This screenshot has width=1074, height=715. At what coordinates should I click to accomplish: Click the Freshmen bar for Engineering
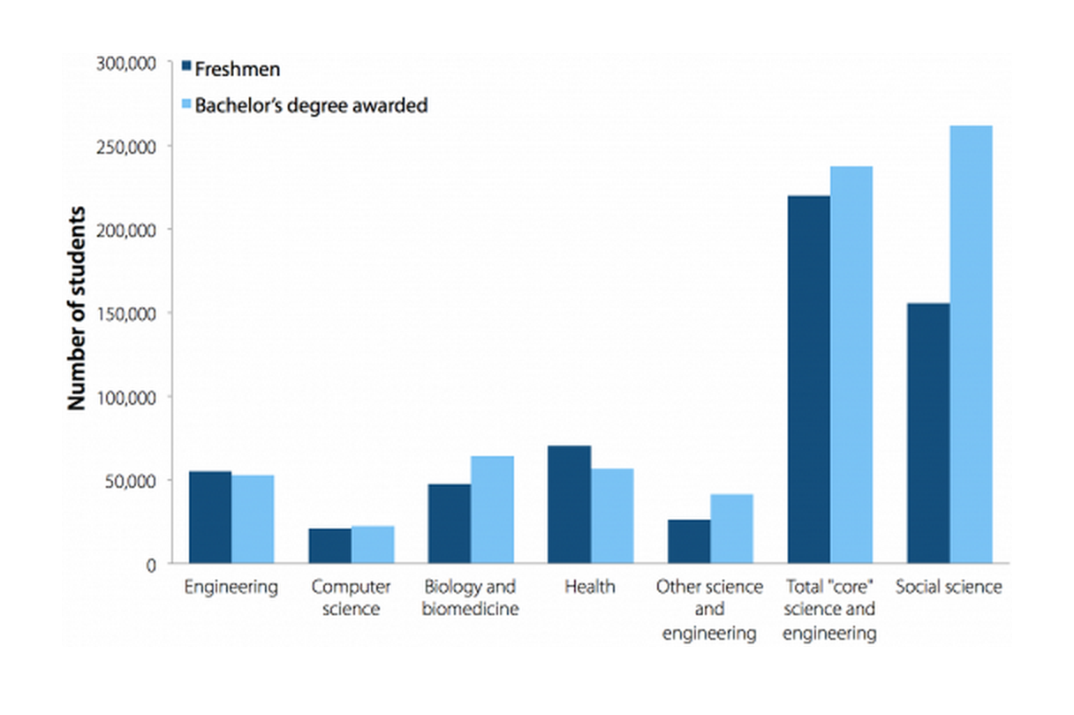(209, 517)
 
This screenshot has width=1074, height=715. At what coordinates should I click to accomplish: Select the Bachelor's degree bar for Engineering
(253, 519)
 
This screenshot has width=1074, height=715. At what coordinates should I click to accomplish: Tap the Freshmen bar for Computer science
(329, 545)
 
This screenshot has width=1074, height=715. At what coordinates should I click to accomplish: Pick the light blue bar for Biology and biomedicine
(492, 509)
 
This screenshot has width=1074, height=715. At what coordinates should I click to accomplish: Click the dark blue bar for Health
(569, 504)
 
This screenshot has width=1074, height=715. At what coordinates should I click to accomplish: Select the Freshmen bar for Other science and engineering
(689, 541)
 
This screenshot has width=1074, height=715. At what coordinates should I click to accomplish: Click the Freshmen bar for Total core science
(808, 379)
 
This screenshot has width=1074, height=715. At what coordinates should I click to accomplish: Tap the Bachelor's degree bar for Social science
(971, 344)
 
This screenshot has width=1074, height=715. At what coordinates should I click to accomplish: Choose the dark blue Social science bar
(928, 433)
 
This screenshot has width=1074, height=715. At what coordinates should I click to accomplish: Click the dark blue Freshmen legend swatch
(185, 67)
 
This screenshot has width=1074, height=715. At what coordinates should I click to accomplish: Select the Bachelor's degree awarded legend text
(311, 105)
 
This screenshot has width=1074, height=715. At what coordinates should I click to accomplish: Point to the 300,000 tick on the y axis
(126, 63)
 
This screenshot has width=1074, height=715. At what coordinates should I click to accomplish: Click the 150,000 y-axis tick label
(126, 314)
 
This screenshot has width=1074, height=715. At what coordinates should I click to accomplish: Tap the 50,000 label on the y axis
(131, 481)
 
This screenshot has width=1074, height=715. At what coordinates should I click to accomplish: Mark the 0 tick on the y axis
(151, 564)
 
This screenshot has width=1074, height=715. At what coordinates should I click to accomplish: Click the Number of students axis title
(78, 308)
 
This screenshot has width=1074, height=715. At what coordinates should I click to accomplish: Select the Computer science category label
(351, 597)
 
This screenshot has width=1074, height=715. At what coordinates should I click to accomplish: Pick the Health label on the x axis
(589, 587)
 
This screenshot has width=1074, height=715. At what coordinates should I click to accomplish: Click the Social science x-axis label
(949, 587)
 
